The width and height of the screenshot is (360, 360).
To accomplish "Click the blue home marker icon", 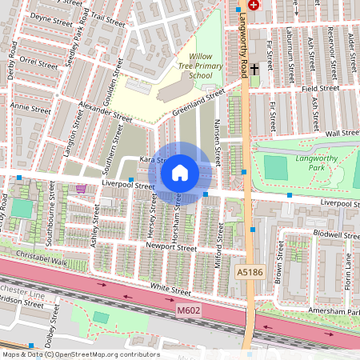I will click(180, 172).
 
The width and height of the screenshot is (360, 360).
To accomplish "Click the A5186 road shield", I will click(249, 273).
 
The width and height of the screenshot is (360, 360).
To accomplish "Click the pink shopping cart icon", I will click(80, 189).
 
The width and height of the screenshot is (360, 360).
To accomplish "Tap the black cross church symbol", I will click(254, 70).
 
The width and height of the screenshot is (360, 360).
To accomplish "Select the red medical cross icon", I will click(254, 4).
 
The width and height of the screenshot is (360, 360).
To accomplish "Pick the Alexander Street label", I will click(106, 112).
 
